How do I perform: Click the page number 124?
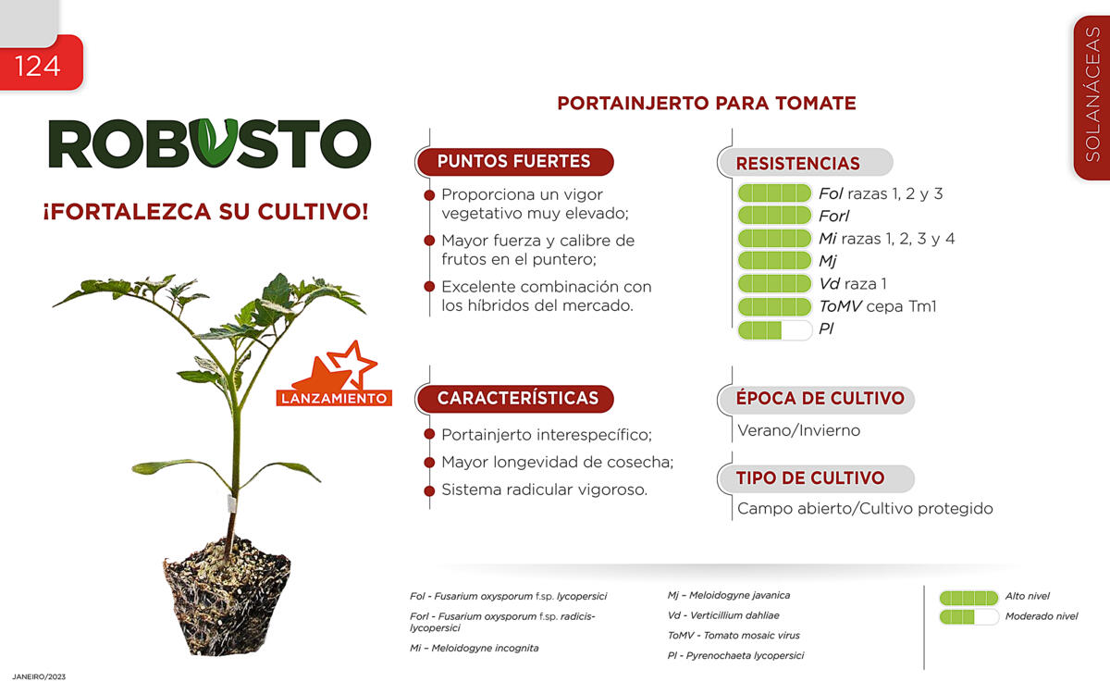tap(38, 66)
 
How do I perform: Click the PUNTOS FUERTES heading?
tap(514, 162)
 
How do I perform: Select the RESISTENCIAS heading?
tap(797, 163)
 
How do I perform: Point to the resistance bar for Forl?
tap(774, 216)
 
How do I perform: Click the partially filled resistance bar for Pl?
tap(774, 330)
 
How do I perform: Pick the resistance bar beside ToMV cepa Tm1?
tap(774, 307)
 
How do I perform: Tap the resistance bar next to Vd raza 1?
tap(774, 283)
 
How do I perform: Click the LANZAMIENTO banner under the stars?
tap(334, 398)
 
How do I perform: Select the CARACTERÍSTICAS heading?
tap(518, 398)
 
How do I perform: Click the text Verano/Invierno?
tap(799, 430)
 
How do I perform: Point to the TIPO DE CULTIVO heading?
tap(810, 477)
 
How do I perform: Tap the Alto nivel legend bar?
tap(968, 598)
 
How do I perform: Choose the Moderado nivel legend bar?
tap(968, 617)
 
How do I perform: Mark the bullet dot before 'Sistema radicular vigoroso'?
tap(429, 490)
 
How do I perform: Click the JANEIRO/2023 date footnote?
tap(39, 676)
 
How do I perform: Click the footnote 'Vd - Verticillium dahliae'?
tap(723, 615)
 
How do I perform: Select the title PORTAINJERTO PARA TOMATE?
tap(707, 103)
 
